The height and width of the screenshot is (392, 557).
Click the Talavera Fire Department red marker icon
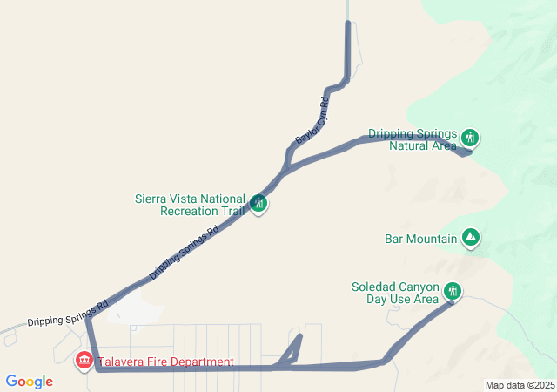(x=84, y=359)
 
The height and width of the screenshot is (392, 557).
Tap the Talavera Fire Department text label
(x=165, y=362)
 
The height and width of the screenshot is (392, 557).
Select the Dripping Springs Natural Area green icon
(x=470, y=138)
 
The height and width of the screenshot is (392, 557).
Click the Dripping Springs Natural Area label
(x=412, y=139)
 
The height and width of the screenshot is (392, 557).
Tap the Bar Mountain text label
(x=420, y=239)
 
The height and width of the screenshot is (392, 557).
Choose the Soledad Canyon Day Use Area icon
(x=452, y=291)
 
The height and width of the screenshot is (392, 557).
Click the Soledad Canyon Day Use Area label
(x=395, y=293)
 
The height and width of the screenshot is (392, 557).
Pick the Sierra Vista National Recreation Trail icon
(x=258, y=204)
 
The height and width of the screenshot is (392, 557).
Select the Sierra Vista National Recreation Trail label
(x=189, y=205)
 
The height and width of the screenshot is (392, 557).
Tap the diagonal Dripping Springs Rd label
(x=183, y=253)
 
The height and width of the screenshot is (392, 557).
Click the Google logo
(x=29, y=382)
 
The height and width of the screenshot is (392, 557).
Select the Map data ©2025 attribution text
(x=520, y=385)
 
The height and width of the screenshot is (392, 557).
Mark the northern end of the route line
(x=348, y=23)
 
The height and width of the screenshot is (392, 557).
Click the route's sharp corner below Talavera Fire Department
(x=98, y=368)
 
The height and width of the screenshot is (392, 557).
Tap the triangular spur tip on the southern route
(x=300, y=335)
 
